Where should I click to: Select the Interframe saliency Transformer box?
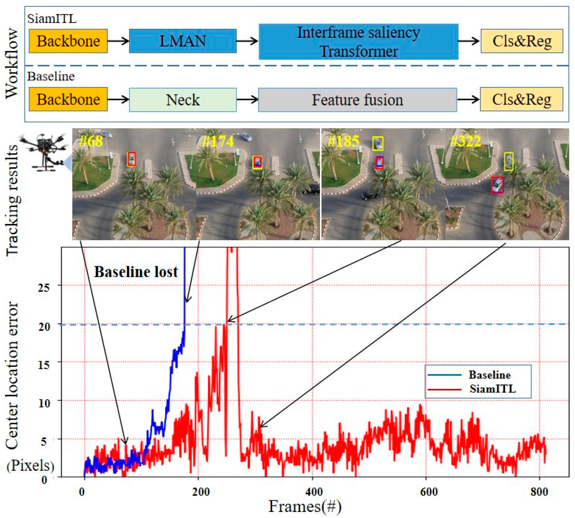(358, 41)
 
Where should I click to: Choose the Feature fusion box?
(357, 100)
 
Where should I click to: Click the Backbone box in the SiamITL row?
(68, 41)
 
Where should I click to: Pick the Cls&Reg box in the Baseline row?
(521, 99)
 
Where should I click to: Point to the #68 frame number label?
(91, 141)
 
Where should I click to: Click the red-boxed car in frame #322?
(497, 185)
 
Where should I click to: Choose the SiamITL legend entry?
(492, 389)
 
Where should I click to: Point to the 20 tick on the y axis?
(44, 326)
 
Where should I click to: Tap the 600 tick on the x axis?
(429, 492)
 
